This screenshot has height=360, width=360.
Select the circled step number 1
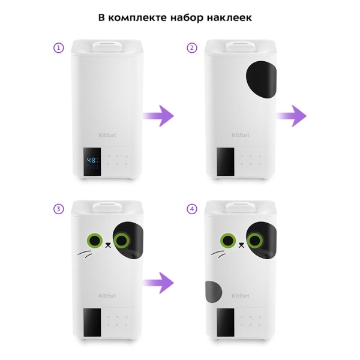click(x=59, y=48)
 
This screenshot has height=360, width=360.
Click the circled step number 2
click(x=192, y=48)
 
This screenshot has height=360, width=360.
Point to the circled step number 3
click(x=59, y=209)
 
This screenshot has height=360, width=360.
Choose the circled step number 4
click(x=192, y=209)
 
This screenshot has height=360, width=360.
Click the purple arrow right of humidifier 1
click(x=158, y=116)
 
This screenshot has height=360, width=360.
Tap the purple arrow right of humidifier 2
click(x=291, y=116)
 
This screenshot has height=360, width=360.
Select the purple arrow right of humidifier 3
click(x=158, y=283)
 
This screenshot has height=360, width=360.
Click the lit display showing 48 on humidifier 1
click(x=92, y=162)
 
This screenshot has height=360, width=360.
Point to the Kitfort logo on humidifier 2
click(x=241, y=135)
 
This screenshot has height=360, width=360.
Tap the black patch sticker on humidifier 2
click(x=261, y=79)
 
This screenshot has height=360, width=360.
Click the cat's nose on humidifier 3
click(x=108, y=245)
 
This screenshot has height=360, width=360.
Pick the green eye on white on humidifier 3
click(x=95, y=241)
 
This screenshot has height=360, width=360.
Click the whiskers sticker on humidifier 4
click(x=218, y=254)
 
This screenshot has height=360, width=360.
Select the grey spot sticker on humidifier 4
click(x=214, y=292)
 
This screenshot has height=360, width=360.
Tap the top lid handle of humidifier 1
click(x=107, y=47)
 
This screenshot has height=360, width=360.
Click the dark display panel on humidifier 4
click(x=226, y=323)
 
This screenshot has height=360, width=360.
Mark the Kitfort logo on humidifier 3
click(x=107, y=296)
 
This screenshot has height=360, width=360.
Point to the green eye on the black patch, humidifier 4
click(x=254, y=241)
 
